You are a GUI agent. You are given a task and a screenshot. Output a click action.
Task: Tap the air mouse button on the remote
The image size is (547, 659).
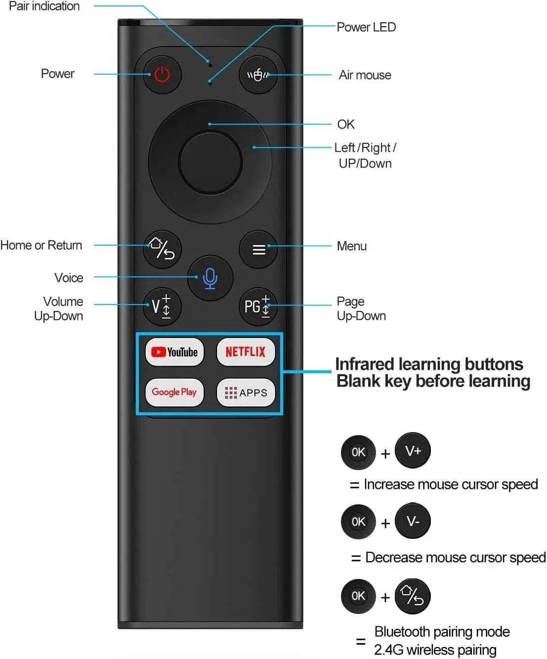(258, 75)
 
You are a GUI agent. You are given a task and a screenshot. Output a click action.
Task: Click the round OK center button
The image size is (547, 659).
(210, 163)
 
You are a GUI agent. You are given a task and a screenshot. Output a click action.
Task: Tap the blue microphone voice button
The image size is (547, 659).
(210, 278)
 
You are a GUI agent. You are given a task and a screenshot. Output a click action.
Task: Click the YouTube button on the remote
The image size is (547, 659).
(174, 352)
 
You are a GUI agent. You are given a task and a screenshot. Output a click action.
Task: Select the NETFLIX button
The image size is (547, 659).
(246, 352)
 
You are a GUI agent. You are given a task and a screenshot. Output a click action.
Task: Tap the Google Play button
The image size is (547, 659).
(174, 393)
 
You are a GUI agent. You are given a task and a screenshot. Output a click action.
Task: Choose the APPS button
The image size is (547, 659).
(246, 393)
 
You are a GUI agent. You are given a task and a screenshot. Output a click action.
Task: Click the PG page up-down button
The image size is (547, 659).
(258, 306)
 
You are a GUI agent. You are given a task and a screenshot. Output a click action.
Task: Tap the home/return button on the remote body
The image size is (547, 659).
(163, 249)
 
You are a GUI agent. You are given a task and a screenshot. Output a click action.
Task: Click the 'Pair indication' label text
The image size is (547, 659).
(44, 6)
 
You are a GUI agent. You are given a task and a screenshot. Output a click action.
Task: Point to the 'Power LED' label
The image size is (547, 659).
(366, 27)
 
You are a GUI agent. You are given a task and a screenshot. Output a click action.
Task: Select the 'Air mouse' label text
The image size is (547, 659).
(365, 75)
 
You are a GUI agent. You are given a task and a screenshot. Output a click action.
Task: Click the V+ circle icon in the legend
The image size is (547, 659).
(413, 450)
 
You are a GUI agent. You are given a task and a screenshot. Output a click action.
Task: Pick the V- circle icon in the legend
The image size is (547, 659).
(413, 521)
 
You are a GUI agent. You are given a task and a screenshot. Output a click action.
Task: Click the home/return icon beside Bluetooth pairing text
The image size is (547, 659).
(413, 596)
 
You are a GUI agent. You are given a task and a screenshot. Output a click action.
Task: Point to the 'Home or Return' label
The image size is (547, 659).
(41, 245)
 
